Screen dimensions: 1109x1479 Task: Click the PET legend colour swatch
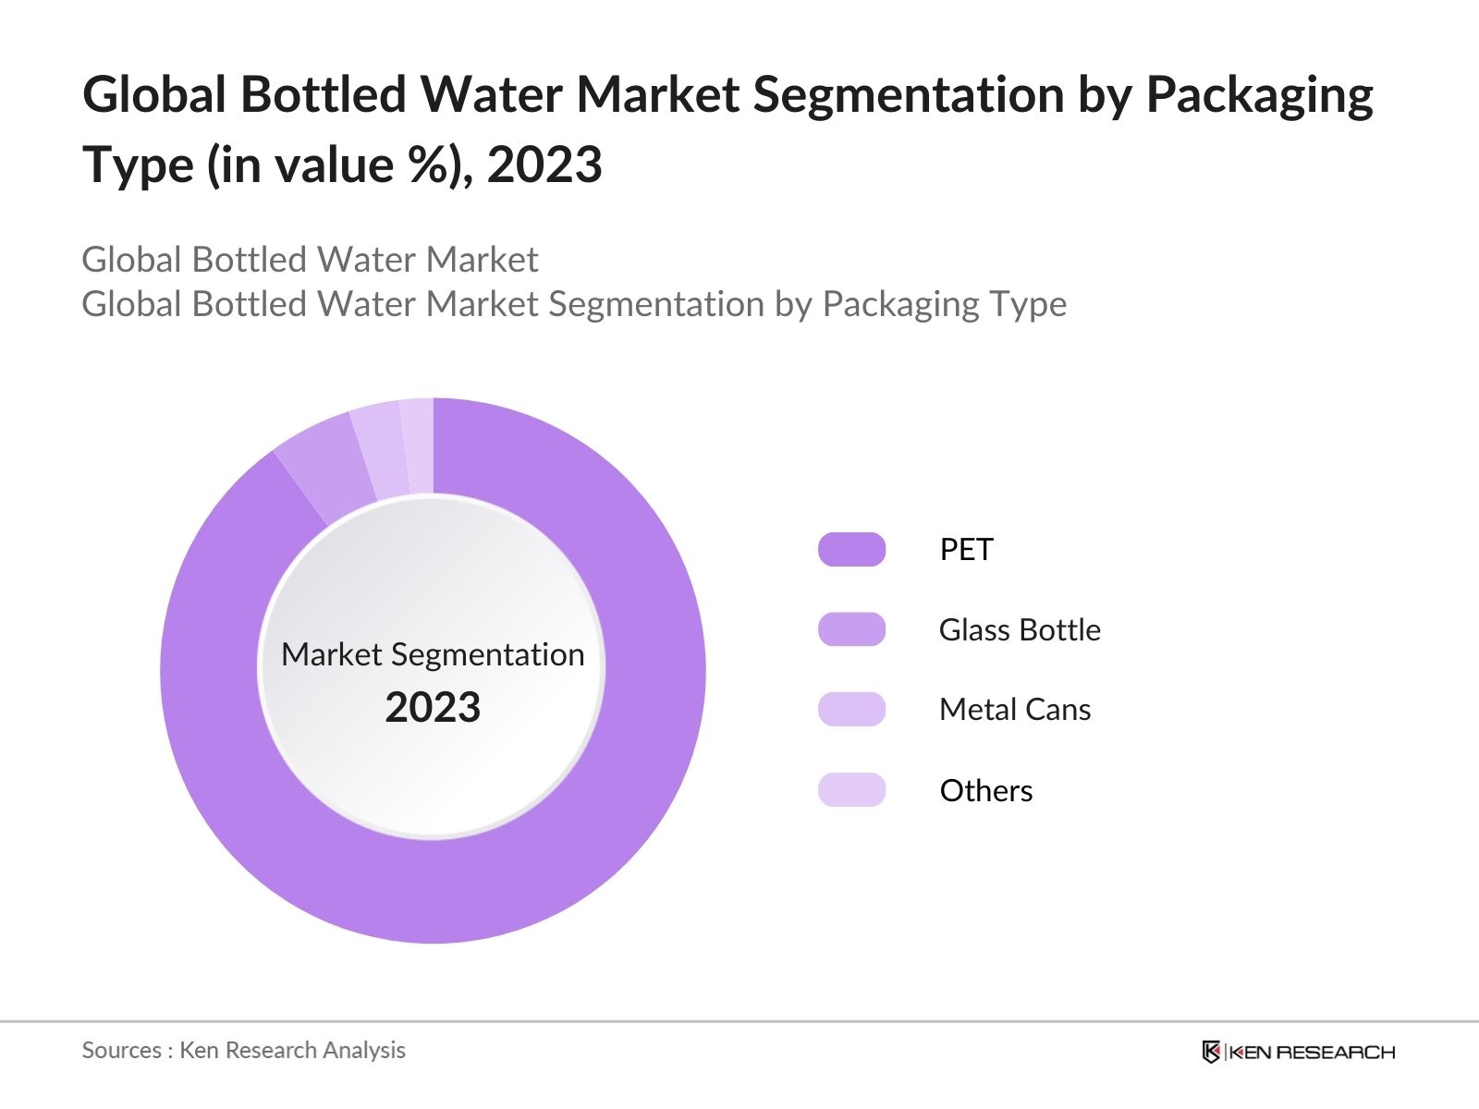pos(851,550)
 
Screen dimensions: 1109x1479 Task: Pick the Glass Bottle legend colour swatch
pos(851,629)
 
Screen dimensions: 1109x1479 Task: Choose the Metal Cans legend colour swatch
pos(851,710)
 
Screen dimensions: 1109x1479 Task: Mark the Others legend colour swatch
pos(851,790)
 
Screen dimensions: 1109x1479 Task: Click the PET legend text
pos(966,550)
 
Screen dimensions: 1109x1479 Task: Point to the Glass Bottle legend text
pos(1020,630)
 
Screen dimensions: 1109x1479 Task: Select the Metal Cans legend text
pos(1015,710)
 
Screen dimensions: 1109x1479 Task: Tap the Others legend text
pos(986,791)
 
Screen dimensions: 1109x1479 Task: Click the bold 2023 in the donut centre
pos(433,708)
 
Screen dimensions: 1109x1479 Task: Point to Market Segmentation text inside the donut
pos(433,654)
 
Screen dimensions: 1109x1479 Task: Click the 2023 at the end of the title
pos(544,165)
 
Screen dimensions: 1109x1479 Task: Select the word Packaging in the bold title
pos(1259,95)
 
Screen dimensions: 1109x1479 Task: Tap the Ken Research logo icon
pos(1211,1052)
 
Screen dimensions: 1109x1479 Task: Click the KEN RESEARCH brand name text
pos(1312,1052)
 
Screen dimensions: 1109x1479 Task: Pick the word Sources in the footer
pos(122,1051)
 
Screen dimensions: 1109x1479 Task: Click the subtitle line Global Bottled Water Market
pos(310,260)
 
